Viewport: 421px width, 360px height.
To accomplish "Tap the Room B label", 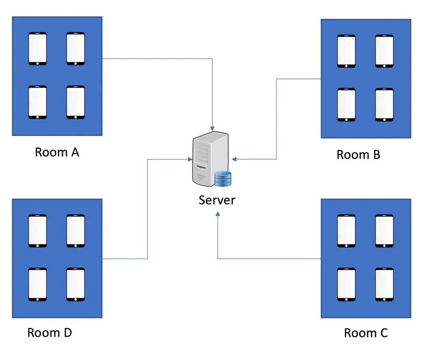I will [x=358, y=154].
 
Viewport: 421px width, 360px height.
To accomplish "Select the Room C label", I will [x=366, y=333].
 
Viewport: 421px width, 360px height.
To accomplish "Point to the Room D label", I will [x=50, y=332].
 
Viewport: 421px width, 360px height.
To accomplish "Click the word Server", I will [x=217, y=200].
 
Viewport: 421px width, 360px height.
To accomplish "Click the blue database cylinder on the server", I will [x=223, y=178].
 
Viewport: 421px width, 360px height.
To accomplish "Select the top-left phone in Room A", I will [x=38, y=49].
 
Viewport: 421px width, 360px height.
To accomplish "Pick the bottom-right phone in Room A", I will [x=75, y=102].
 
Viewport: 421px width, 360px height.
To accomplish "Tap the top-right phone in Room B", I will [x=384, y=51].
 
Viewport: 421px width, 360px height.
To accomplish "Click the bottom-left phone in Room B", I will [x=346, y=105].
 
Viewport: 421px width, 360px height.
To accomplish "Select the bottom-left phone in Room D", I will [x=38, y=285].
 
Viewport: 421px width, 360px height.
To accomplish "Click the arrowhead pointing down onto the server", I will [x=213, y=127].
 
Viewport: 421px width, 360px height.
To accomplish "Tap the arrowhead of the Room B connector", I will [x=235, y=159].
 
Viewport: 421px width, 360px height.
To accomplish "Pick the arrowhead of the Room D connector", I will [x=189, y=159].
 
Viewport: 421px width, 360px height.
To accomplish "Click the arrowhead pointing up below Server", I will [x=218, y=214].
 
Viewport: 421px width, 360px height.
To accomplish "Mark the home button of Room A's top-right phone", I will [x=75, y=63].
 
